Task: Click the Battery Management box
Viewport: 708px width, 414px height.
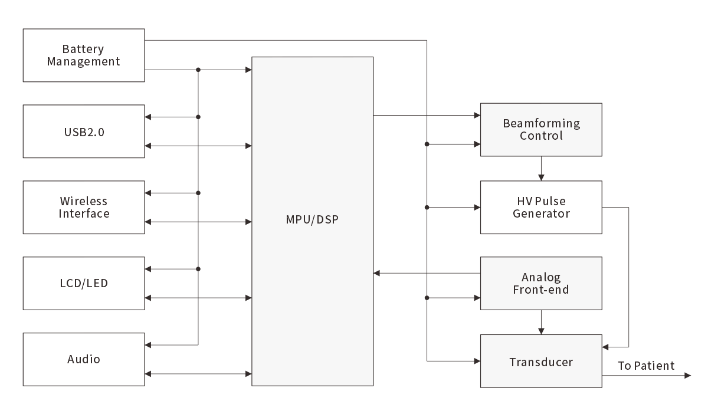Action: pyautogui.click(x=83, y=55)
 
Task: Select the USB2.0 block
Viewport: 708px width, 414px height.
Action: pyautogui.click(x=83, y=132)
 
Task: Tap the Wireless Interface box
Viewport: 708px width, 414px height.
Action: pyautogui.click(x=83, y=208)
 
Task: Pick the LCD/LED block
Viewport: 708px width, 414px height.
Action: pyautogui.click(x=83, y=284)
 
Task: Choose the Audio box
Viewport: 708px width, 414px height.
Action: pyautogui.click(x=83, y=360)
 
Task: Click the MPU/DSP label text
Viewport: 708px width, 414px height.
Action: pyautogui.click(x=313, y=221)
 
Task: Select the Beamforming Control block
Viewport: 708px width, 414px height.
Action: pyautogui.click(x=541, y=130)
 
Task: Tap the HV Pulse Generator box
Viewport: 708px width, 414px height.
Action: pyautogui.click(x=541, y=208)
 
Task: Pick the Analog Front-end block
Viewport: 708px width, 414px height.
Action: pyautogui.click(x=541, y=284)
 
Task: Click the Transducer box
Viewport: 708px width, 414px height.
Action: pyautogui.click(x=541, y=362)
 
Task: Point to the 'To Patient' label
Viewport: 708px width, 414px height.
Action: pyautogui.click(x=646, y=366)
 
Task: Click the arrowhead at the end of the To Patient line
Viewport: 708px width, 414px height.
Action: pyautogui.click(x=687, y=376)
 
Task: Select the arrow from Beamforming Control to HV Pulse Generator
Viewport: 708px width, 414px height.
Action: pyautogui.click(x=541, y=169)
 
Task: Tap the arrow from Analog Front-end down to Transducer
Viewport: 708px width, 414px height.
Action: pyautogui.click(x=541, y=323)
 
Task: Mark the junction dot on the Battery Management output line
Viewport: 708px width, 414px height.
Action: pyautogui.click(x=198, y=70)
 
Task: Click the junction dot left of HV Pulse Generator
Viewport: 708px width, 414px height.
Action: pyautogui.click(x=427, y=208)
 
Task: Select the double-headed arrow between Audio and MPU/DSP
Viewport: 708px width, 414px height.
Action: pyautogui.click(x=198, y=374)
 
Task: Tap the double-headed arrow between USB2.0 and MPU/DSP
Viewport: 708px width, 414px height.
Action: pyautogui.click(x=198, y=146)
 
